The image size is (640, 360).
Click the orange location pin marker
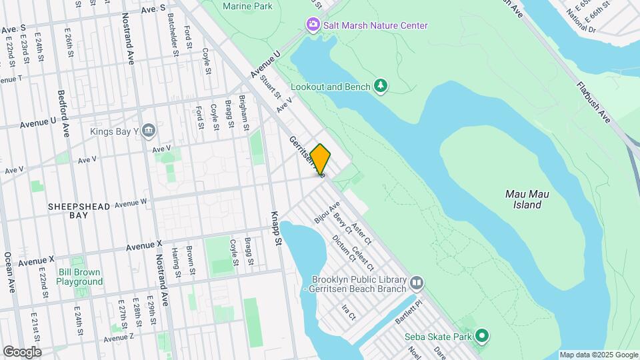pyautogui.click(x=320, y=160)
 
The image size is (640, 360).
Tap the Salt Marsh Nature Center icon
pyautogui.click(x=313, y=25)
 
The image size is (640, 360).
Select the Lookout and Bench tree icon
pyautogui.click(x=381, y=86)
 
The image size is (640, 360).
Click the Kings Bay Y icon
pyautogui.click(x=149, y=131)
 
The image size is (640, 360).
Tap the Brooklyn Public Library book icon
pyautogui.click(x=417, y=283)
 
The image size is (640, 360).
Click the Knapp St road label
pyautogui.click(x=276, y=229)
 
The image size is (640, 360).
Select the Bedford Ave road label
pyautogui.click(x=63, y=111)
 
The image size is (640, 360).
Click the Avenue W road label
pyautogui.click(x=131, y=203)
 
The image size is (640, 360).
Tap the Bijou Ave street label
pyautogui.click(x=327, y=213)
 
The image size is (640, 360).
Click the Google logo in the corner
pyautogui.click(x=22, y=351)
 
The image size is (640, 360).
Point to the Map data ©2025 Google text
pyautogui.click(x=598, y=355)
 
